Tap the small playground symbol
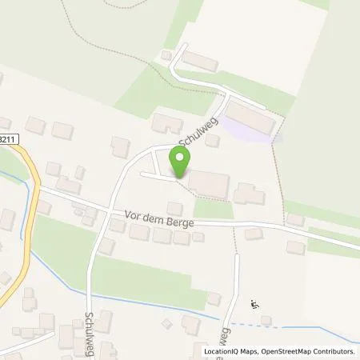(x=255, y=303)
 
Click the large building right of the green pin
(x=209, y=184)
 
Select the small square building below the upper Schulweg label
(x=212, y=140)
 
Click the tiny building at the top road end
(x=166, y=54)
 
